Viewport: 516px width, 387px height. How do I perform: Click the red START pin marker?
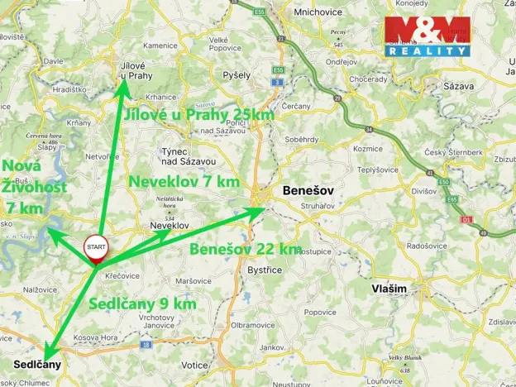[x=96, y=249]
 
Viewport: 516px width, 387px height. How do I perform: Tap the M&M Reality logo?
[x=427, y=37]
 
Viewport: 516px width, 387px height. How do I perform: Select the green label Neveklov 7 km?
[x=183, y=180]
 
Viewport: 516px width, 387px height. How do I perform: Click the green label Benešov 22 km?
[x=245, y=249]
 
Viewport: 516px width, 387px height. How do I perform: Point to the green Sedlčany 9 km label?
[x=142, y=304]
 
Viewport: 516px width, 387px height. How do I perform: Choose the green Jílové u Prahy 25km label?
[x=199, y=115]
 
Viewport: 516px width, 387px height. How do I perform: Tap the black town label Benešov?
[x=308, y=190]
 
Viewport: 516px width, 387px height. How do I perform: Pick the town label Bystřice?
[x=265, y=270]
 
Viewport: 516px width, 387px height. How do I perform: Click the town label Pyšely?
[x=236, y=74]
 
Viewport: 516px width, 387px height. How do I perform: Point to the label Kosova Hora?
[x=92, y=339]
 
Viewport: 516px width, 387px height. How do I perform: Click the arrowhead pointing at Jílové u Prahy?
[x=122, y=88]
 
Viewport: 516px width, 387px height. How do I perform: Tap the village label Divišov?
[x=423, y=191]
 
